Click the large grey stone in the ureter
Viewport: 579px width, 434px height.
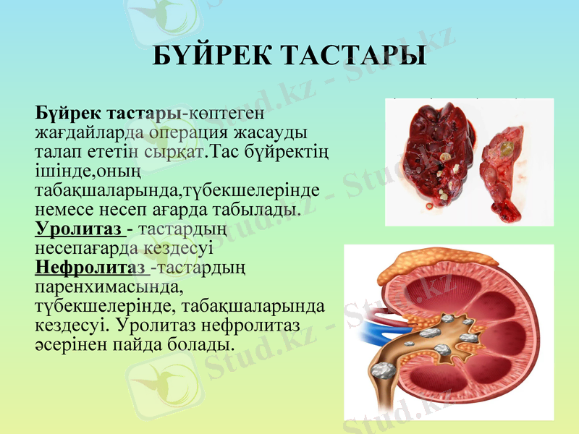(383, 371)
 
